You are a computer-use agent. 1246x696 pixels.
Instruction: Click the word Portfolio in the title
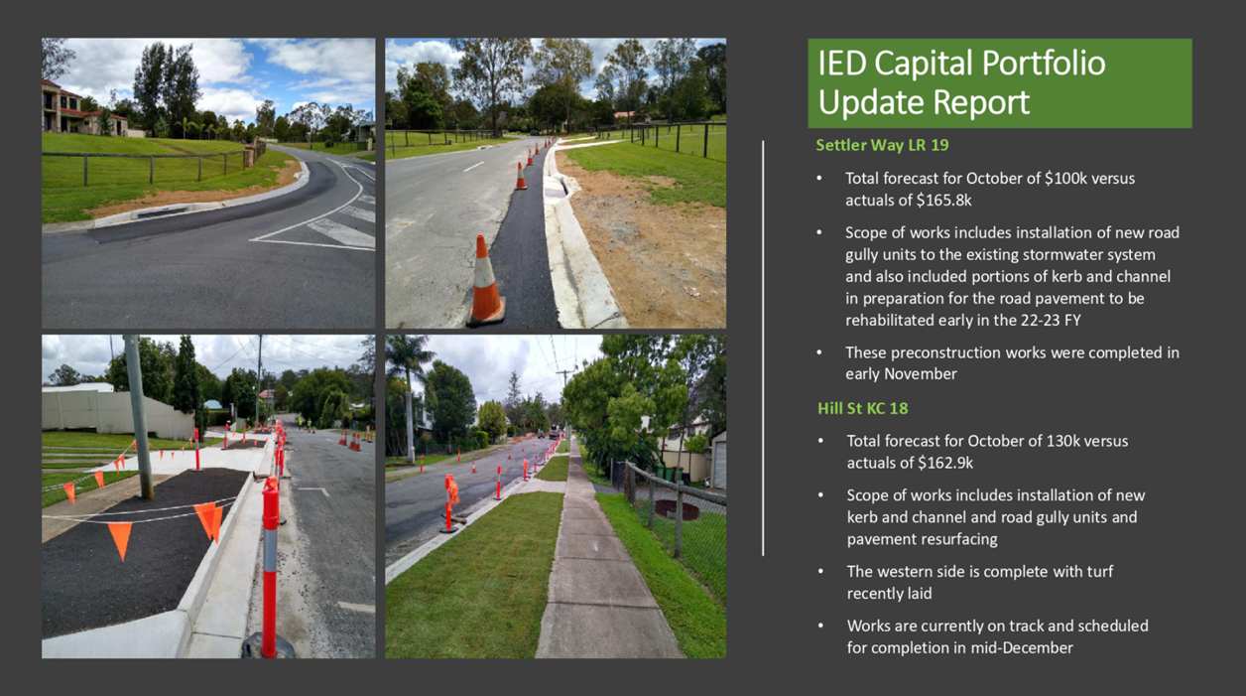(1044, 63)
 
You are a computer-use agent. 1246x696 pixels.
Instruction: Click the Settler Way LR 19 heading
(882, 145)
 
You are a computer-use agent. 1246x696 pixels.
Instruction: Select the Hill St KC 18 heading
(863, 409)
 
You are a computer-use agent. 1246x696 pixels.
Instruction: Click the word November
(920, 374)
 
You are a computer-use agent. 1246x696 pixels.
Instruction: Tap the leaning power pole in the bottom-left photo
(139, 418)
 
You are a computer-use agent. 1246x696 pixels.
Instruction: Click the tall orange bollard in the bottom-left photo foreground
(270, 567)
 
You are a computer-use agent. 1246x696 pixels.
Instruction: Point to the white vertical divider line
(763, 348)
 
